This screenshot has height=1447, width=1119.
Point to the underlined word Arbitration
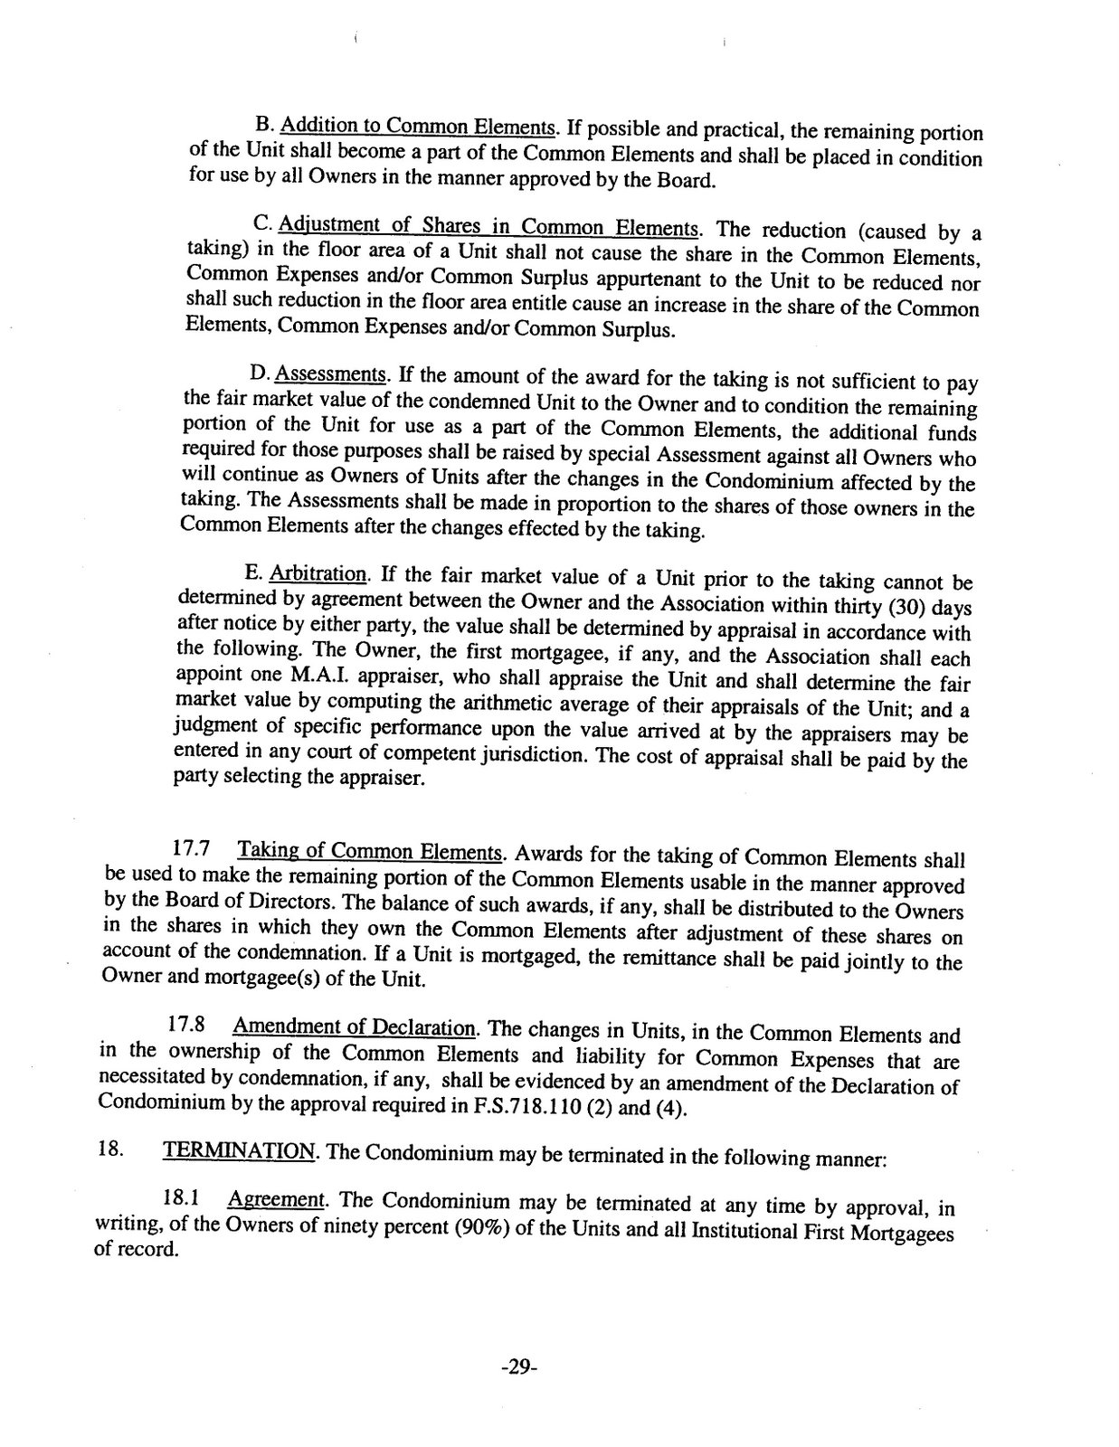click(318, 574)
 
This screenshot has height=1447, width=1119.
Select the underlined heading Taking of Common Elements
click(369, 852)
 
